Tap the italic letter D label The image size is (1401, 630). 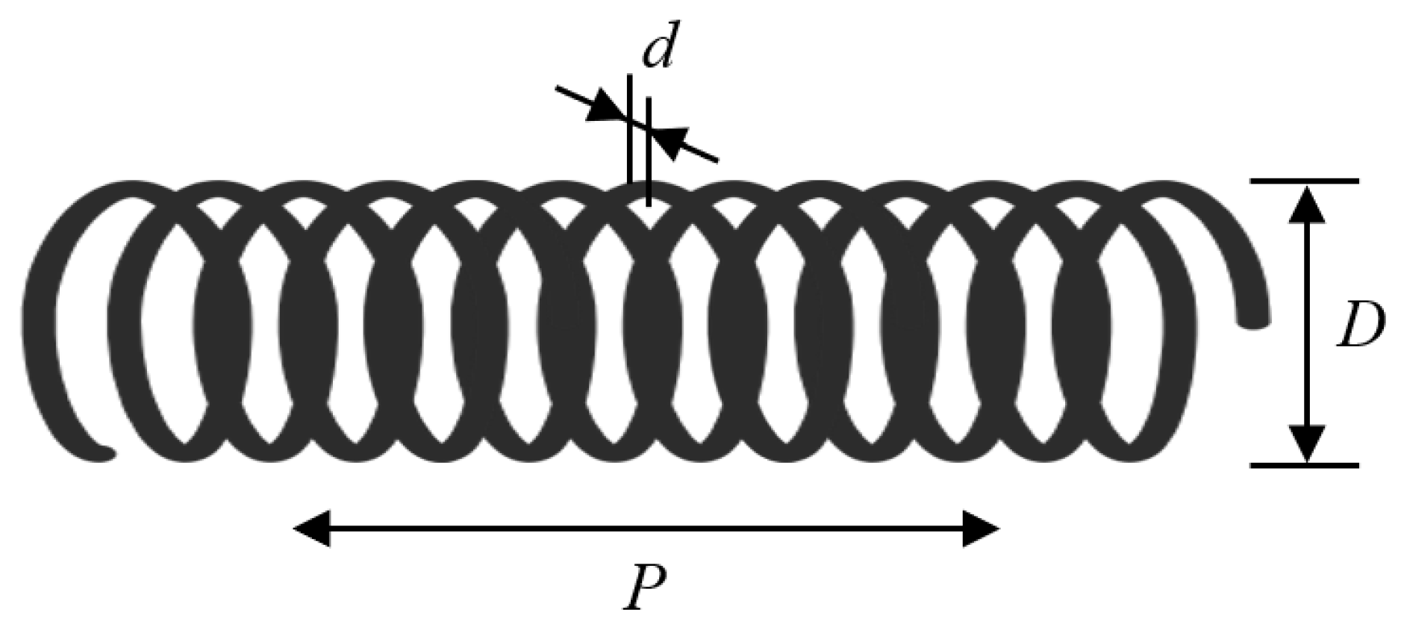pos(1360,326)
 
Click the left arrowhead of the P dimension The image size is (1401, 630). pos(312,529)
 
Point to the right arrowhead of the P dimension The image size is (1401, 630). pos(980,529)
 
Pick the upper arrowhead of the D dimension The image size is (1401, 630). pos(1306,205)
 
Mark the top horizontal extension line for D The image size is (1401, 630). pos(1304,181)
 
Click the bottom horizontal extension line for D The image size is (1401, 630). pos(1304,465)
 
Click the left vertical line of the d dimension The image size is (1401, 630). pos(630,127)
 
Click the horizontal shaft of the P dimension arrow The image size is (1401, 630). pos(646,529)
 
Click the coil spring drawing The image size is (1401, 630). pos(642,321)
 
